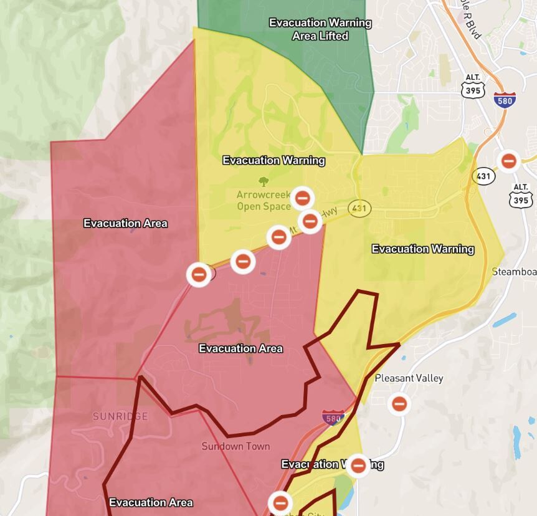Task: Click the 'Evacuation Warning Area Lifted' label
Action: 320,29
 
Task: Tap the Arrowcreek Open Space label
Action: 264,201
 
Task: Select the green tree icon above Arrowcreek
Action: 264,181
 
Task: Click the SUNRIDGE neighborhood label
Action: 120,416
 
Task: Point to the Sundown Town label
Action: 235,446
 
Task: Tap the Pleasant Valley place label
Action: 409,378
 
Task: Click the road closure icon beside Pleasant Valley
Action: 399,404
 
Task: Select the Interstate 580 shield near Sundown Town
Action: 333,417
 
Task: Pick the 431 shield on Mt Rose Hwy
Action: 359,208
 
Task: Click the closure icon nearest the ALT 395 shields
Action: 508,161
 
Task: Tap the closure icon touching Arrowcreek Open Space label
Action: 302,198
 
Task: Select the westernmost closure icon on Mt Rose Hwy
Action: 199,274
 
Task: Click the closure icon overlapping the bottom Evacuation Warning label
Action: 358,465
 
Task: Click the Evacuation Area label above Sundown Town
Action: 240,348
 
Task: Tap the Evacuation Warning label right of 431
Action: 422,249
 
